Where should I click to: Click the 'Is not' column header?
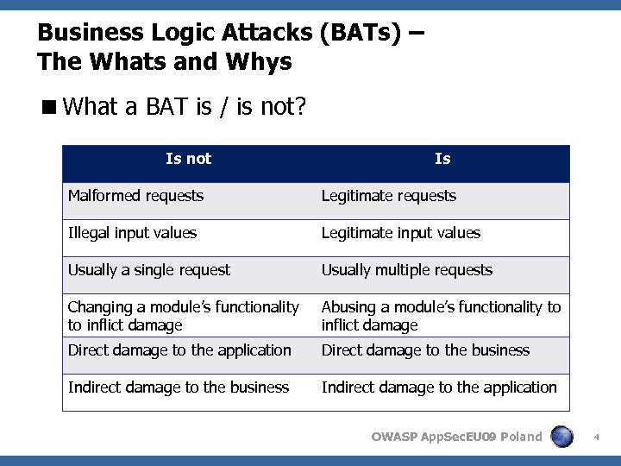(188, 159)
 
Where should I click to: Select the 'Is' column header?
(442, 159)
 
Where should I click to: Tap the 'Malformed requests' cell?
(136, 196)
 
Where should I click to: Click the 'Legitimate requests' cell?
(389, 196)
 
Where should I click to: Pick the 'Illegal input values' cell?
(133, 233)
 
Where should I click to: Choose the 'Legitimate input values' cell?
(401, 233)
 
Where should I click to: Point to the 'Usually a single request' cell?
(149, 270)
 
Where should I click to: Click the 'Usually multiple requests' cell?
(407, 270)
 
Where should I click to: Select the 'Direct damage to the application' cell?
(179, 350)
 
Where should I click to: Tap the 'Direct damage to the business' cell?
(425, 350)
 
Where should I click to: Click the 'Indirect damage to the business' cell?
(179, 387)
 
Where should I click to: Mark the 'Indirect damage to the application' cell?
(439, 387)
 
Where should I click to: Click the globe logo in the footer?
(561, 437)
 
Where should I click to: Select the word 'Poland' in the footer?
(521, 437)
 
